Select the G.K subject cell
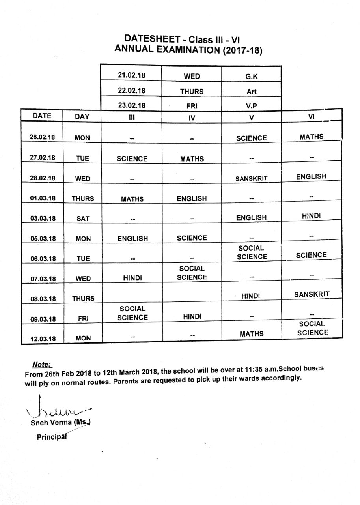pos(251,76)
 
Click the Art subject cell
pos(251,91)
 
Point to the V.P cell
pos(251,106)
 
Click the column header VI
pos(311,116)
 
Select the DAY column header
pos(82,116)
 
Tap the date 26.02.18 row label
pos(42,137)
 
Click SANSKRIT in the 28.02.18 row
pos(251,178)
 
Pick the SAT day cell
pos(82,219)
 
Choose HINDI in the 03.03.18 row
pos(312,216)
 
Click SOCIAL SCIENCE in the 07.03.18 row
pos(192,273)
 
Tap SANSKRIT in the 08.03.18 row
pos(312,294)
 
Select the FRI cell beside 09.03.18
pos(82,319)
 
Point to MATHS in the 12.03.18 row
pos(251,334)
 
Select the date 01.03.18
pos(42,198)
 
